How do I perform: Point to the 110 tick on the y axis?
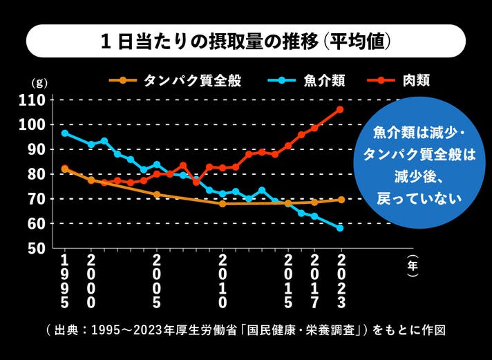(x=32, y=100)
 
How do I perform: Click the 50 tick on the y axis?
(x=36, y=248)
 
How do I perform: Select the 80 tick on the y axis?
(x=36, y=174)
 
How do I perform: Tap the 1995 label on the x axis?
(x=65, y=281)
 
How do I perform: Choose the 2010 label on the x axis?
(x=223, y=281)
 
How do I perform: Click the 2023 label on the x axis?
(x=340, y=281)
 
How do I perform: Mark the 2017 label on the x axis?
(x=314, y=281)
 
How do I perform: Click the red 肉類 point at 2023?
(x=340, y=109)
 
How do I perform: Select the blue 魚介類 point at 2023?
(x=340, y=228)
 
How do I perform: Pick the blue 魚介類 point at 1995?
(x=65, y=133)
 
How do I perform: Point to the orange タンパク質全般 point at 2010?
(x=223, y=204)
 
